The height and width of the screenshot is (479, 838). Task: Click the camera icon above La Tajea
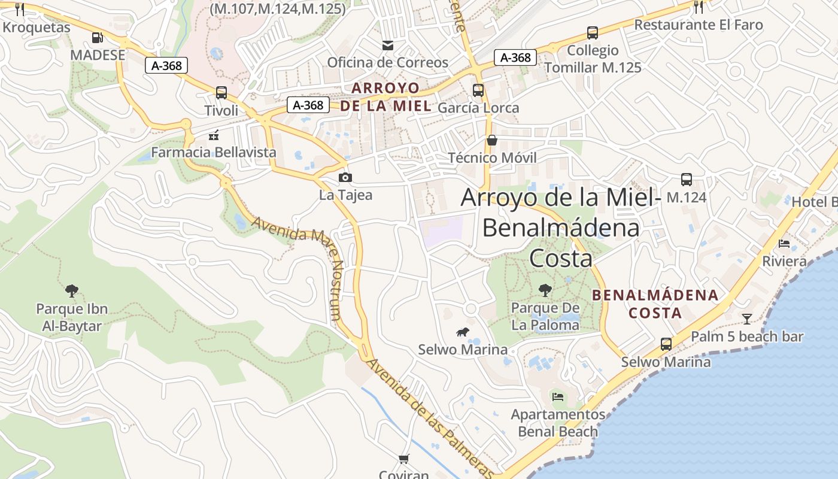(345, 177)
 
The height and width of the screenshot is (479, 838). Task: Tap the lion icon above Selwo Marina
(462, 332)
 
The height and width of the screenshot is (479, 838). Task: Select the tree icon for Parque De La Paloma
(545, 290)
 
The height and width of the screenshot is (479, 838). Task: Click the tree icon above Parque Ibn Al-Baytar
(72, 291)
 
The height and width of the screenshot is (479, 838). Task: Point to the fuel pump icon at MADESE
(97, 38)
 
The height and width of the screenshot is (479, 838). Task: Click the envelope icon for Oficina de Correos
(388, 45)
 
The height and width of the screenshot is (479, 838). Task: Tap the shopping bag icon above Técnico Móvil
(492, 140)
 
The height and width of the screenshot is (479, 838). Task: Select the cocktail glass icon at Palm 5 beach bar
(747, 319)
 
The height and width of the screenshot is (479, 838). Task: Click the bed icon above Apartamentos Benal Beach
(558, 396)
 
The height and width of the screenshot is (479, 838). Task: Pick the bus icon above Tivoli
(221, 93)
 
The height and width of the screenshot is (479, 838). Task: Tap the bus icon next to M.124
(687, 179)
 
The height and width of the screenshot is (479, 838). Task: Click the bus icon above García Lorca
(478, 90)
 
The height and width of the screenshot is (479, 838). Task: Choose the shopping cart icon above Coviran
(404, 459)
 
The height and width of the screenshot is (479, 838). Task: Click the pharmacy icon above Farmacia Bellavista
(214, 135)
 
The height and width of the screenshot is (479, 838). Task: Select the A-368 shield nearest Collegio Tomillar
(515, 57)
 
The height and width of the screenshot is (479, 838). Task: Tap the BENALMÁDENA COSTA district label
(655, 304)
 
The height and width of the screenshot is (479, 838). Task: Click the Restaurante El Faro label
(698, 25)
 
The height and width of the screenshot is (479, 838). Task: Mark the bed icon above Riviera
(784, 243)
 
